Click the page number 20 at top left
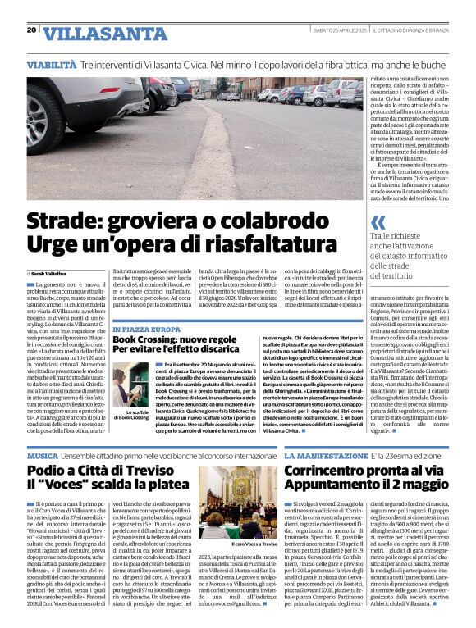[31, 30]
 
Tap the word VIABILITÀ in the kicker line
[51, 64]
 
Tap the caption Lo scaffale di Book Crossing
[132, 414]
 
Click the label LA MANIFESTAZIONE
[326, 455]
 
